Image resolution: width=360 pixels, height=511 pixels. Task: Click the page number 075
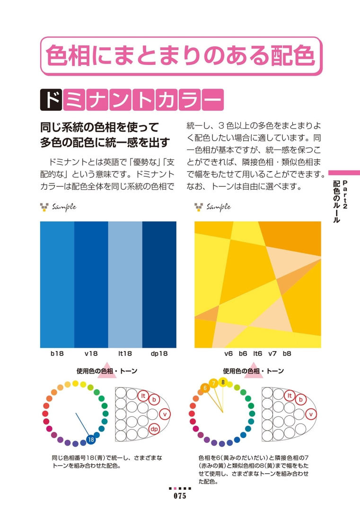[180, 496]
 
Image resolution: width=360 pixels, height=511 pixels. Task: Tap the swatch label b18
[57, 353]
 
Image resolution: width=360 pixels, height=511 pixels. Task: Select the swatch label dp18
[159, 353]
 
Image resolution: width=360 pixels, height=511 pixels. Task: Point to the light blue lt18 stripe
[125, 284]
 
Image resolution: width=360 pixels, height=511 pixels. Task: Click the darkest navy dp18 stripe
[159, 284]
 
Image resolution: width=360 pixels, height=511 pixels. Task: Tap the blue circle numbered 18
[91, 440]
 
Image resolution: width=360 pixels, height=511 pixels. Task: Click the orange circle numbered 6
[205, 388]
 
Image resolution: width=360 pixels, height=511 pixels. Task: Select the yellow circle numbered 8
[223, 382]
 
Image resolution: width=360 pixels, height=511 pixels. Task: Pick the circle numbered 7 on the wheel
[213, 383]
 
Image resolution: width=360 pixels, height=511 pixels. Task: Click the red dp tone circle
[154, 429]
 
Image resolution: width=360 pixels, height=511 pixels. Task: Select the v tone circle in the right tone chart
[311, 414]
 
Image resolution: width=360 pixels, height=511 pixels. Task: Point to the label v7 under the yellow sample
[272, 353]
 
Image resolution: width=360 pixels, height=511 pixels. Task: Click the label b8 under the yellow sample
[287, 353]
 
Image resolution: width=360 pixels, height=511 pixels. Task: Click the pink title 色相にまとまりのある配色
[180, 56]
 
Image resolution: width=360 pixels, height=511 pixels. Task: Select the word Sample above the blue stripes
[64, 206]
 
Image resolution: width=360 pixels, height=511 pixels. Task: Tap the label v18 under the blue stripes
[91, 353]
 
